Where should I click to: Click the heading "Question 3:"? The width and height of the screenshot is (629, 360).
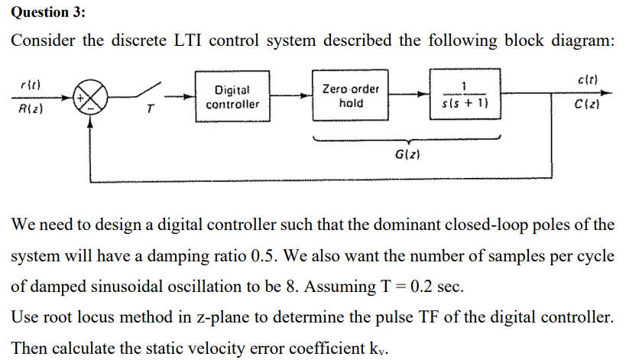(48, 12)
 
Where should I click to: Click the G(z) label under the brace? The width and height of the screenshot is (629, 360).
(405, 156)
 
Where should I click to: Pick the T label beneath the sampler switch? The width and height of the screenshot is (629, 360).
(150, 115)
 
